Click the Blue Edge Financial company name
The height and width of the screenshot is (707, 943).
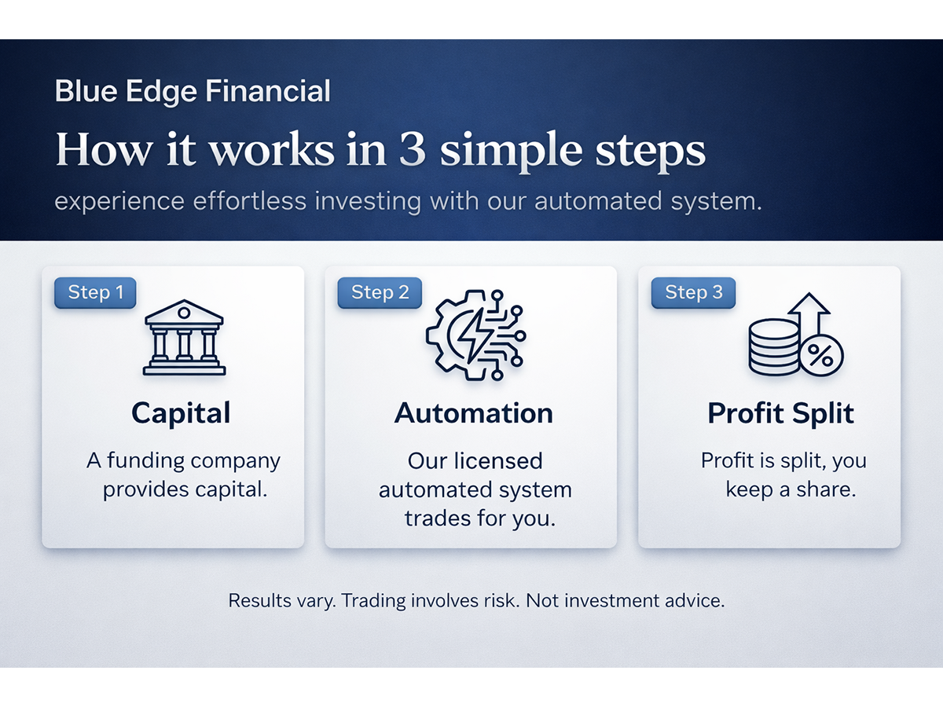(193, 92)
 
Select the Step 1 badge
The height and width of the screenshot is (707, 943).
(95, 293)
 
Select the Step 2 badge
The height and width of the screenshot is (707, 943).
(380, 293)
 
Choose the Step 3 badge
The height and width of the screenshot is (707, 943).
(693, 293)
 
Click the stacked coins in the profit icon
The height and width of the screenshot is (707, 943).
(773, 346)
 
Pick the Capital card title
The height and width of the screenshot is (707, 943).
(181, 413)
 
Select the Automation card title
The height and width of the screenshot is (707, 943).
(474, 413)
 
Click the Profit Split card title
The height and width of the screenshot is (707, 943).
(780, 413)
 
